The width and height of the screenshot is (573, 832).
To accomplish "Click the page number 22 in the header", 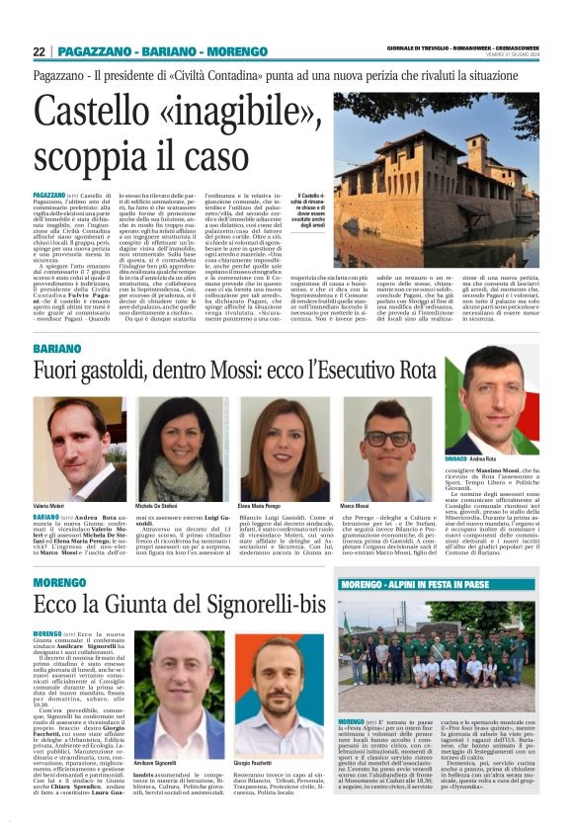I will pyautogui.click(x=39, y=51).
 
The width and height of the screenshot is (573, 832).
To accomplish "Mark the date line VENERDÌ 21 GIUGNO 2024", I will pyautogui.click(x=514, y=56).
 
